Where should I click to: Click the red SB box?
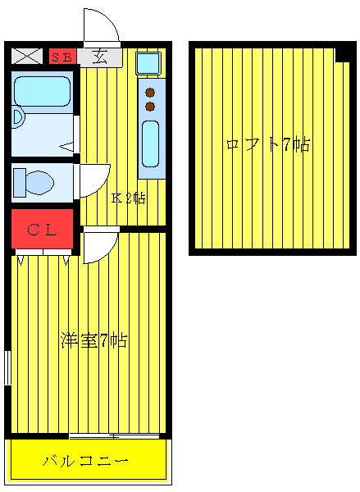tap(63, 57)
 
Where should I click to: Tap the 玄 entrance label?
tap(100, 57)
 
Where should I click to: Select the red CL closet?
tap(42, 230)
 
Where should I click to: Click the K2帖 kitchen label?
tap(129, 198)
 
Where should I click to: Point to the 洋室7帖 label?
tap(93, 340)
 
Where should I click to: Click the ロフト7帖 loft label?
tap(267, 145)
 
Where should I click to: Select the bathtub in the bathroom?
tap(43, 92)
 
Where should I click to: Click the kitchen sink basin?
tap(151, 144)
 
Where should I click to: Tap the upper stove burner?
tap(150, 91)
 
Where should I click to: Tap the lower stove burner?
tap(150, 105)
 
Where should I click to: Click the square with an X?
tap(27, 57)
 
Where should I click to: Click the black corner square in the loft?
tap(342, 55)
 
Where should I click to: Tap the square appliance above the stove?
tap(148, 62)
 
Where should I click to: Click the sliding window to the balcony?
tap(114, 435)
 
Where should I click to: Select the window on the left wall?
tap(7, 367)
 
